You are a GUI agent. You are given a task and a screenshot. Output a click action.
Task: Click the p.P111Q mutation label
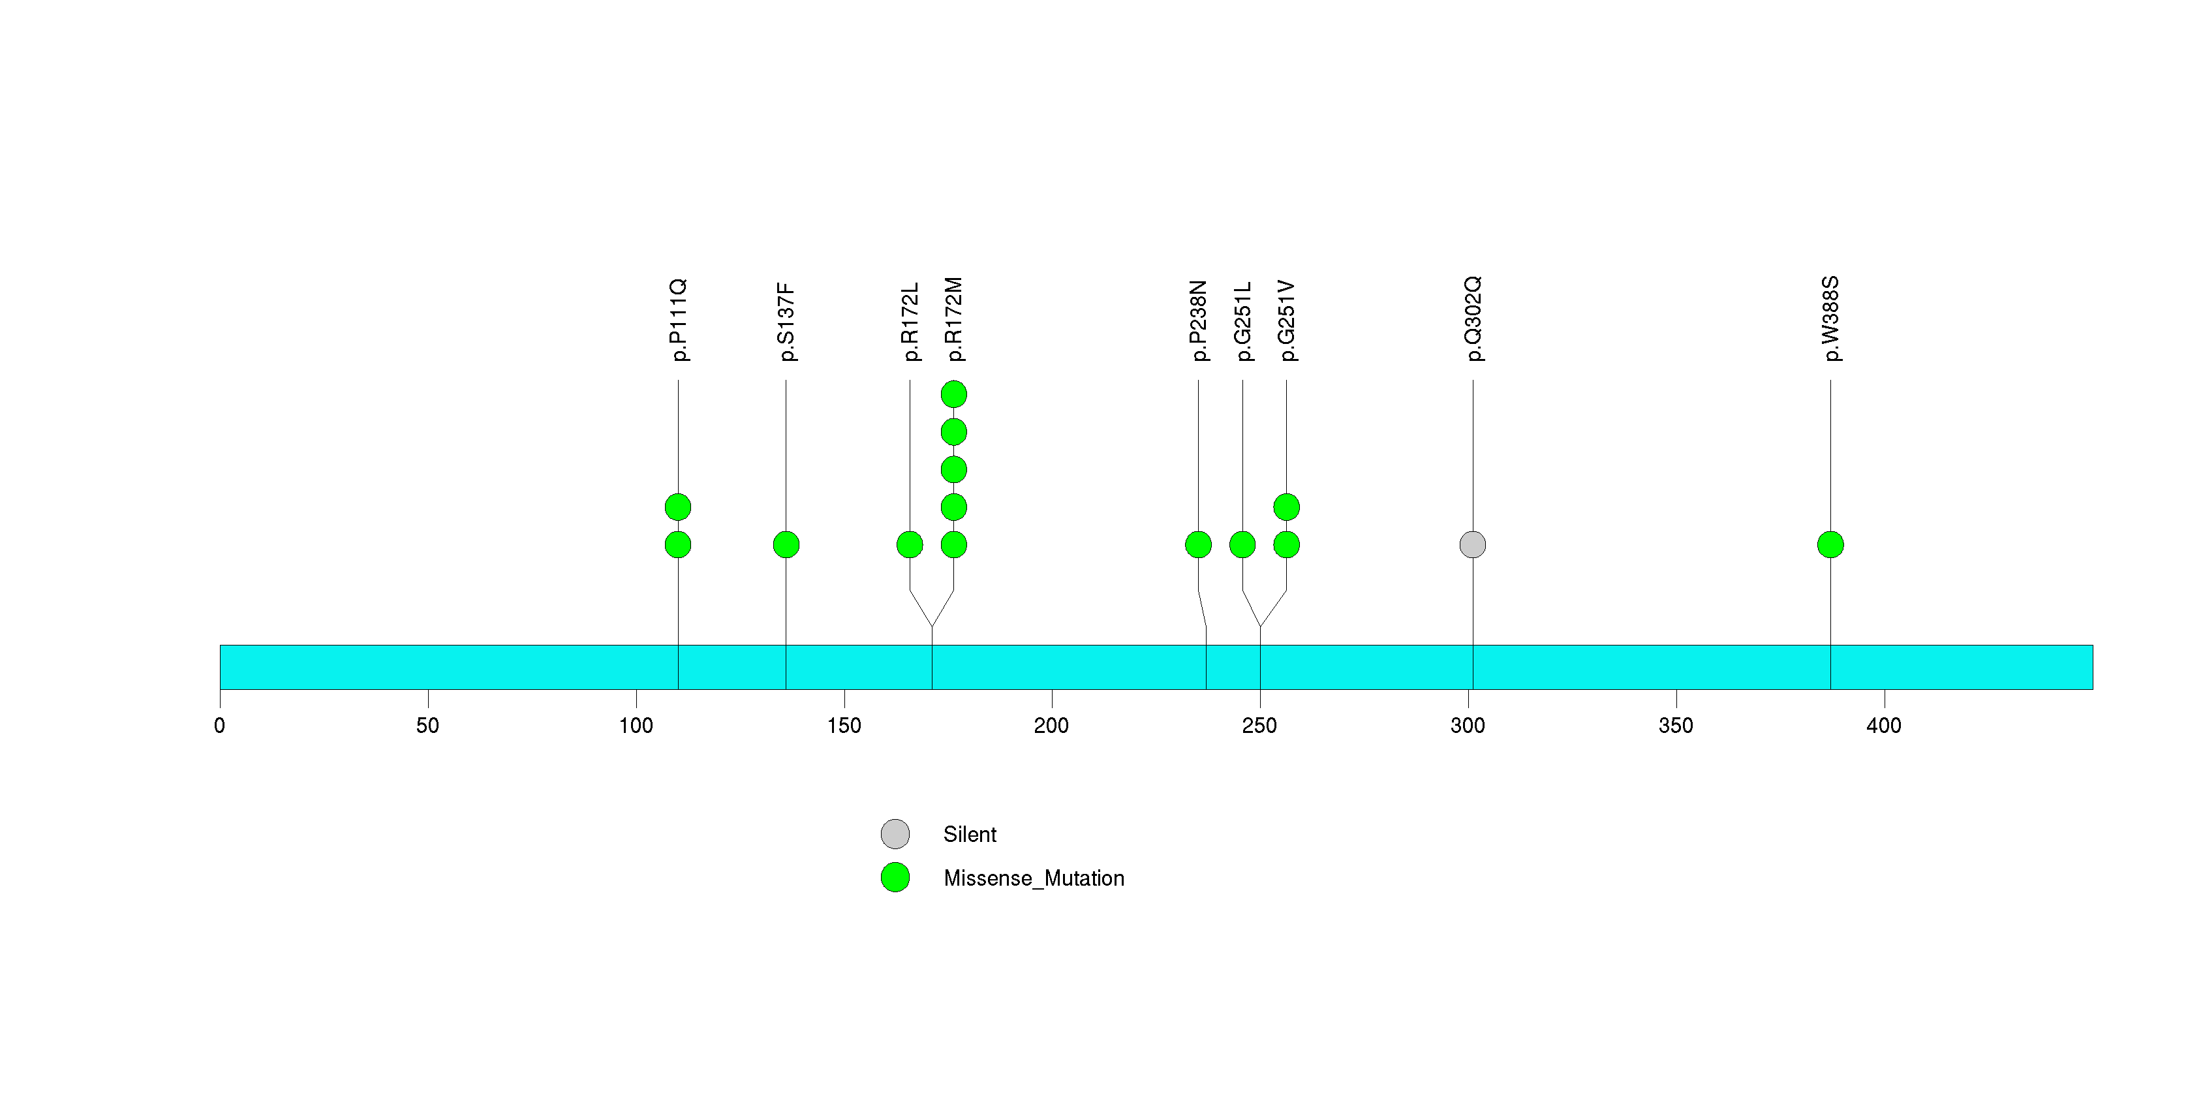pos(678,320)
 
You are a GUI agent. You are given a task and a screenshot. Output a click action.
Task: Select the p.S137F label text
pos(786,322)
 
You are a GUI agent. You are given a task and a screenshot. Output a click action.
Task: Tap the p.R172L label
pos(910,322)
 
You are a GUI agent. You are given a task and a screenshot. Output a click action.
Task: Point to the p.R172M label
pos(953,319)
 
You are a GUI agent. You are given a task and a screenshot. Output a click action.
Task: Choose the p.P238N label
pos(1198,320)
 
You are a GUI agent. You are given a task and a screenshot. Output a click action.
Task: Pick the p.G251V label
pos(1286,320)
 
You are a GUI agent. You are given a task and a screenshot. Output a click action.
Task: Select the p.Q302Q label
pos(1473,319)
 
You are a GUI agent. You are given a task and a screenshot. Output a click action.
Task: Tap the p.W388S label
pos(1830,319)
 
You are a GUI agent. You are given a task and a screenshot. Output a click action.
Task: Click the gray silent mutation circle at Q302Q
pos(1473,545)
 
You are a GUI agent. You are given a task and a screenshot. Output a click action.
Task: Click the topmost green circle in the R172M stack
pos(953,394)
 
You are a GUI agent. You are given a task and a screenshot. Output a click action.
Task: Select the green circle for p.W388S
pos(1830,545)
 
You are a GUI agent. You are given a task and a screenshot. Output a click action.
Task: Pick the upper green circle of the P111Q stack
pos(678,507)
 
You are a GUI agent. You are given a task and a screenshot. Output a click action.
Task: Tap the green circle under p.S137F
pos(786,545)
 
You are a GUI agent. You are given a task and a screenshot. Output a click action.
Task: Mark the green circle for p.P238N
pos(1198,545)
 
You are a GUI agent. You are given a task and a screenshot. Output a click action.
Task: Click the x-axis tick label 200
pos(1051,726)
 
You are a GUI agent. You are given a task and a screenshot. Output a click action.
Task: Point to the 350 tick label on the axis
pos(1675,726)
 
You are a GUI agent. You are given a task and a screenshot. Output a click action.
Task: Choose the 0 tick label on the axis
pos(220,726)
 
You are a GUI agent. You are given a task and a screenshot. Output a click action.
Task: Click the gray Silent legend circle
pos(895,833)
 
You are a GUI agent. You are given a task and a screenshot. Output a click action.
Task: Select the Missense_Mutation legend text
pos(1034,878)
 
